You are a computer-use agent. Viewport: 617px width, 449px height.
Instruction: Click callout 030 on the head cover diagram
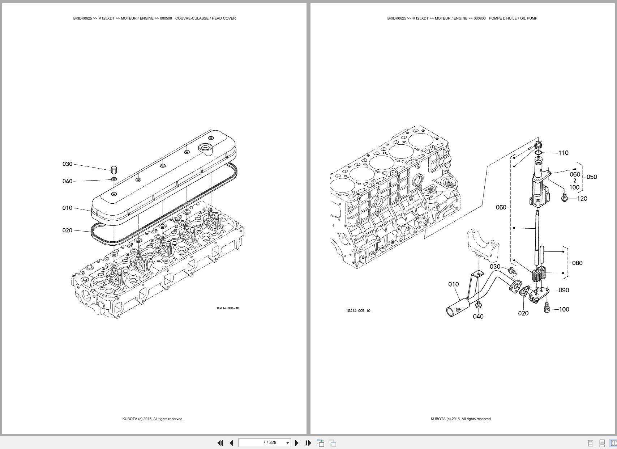pos(67,164)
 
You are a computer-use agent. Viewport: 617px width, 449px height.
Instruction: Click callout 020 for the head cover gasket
pos(67,230)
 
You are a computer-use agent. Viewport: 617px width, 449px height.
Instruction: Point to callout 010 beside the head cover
pos(67,208)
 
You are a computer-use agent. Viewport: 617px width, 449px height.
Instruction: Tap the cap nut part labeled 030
pos(113,169)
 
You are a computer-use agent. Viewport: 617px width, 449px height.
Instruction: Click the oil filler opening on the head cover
pos(205,147)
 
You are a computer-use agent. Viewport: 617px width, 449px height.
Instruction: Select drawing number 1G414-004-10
pos(228,308)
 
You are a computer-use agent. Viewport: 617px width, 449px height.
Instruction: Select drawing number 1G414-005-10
pos(358,311)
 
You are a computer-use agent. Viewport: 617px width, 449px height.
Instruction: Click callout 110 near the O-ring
pos(563,153)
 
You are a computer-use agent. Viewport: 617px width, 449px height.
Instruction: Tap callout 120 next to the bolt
pos(582,199)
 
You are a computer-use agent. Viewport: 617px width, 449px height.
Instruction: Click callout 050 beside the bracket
pos(592,177)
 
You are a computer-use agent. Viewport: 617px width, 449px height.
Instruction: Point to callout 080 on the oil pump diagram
pos(577,263)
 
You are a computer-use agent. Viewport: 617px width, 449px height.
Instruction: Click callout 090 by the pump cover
pos(564,290)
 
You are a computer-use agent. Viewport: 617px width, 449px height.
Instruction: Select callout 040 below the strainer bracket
pos(478,317)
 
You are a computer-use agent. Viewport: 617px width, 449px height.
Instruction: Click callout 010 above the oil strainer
pos(453,284)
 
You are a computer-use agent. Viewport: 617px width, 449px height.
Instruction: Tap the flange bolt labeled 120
pos(565,198)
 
